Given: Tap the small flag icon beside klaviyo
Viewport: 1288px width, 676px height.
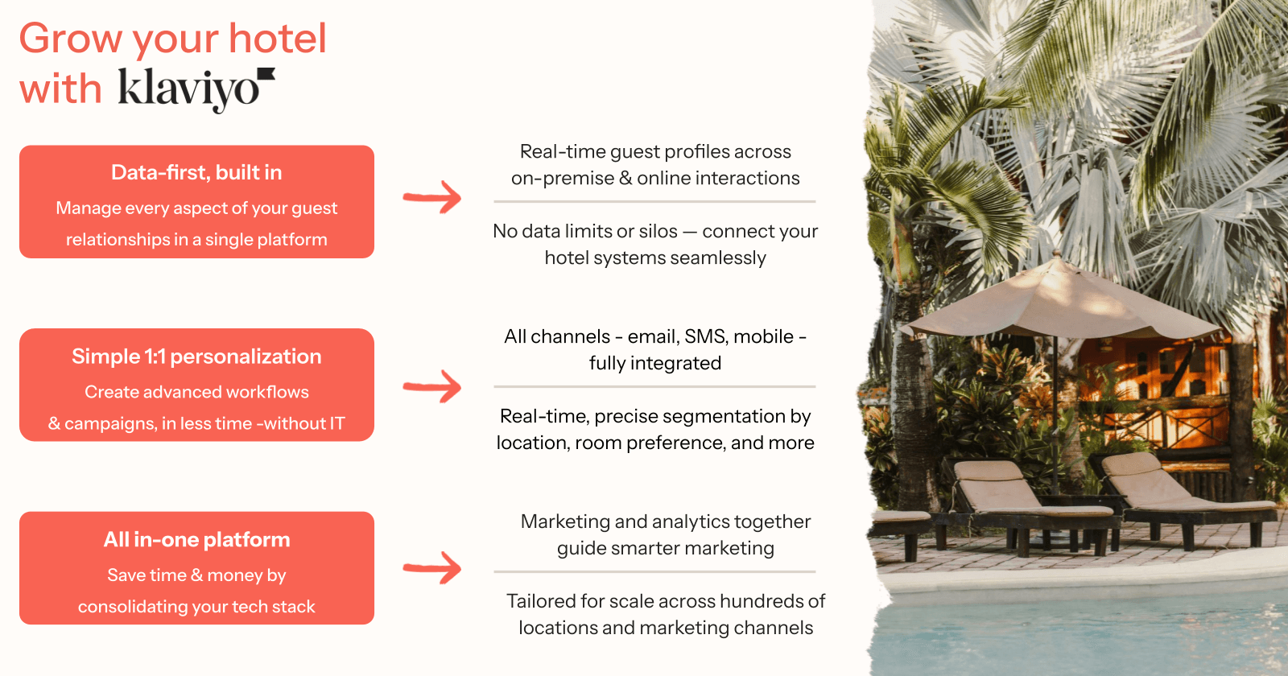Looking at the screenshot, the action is point(266,74).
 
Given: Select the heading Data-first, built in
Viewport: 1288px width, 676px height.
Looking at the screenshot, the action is point(196,172).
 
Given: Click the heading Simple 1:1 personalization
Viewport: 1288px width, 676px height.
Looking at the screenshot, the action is point(196,357).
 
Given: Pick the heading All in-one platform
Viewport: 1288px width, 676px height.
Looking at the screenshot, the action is point(196,539).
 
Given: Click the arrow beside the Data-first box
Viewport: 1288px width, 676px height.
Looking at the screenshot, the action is point(431,197).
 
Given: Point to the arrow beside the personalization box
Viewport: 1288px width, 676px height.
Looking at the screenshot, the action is point(431,386).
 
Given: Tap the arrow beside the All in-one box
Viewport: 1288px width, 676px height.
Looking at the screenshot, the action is point(431,568).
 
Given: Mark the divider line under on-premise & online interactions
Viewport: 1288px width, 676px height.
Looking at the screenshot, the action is point(654,202).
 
